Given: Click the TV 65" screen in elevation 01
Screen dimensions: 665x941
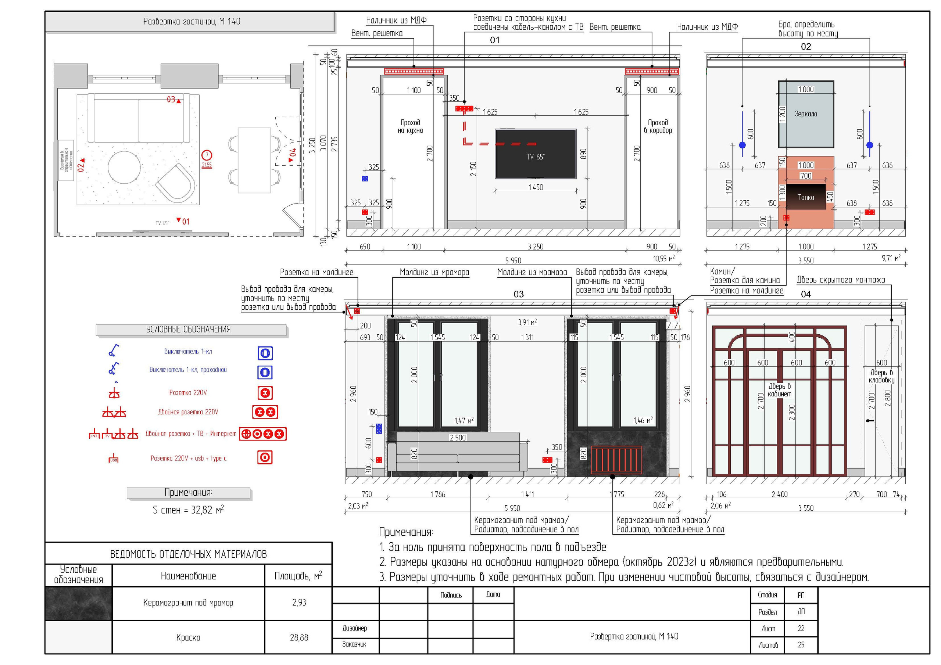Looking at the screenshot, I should click(535, 154).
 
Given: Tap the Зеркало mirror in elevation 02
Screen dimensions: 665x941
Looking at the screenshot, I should click(805, 114).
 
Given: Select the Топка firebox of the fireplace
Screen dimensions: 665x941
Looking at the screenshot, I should click(805, 197).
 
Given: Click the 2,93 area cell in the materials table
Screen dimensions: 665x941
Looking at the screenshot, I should click(299, 602).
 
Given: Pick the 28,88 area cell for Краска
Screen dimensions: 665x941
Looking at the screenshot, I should click(299, 637).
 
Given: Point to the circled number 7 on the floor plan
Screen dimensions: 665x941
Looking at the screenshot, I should click(207, 155).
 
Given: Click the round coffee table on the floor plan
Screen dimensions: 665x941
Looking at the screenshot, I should click(124, 167).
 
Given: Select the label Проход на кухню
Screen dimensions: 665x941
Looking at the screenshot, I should click(410, 126).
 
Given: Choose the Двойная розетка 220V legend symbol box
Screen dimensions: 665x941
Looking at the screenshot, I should click(265, 412).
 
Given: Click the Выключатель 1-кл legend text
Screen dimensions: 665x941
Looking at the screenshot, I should click(188, 352).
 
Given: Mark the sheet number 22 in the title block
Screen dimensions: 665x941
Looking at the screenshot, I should click(801, 628).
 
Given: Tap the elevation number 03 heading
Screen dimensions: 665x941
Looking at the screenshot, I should click(518, 294).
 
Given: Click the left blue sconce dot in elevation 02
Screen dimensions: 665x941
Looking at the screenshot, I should click(742, 145).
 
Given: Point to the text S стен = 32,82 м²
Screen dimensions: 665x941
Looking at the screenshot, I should click(188, 510).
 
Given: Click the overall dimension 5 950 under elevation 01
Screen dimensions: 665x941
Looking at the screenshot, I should click(513, 260).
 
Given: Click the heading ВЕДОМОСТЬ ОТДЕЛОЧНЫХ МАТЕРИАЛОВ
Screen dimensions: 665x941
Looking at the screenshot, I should click(188, 554).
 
